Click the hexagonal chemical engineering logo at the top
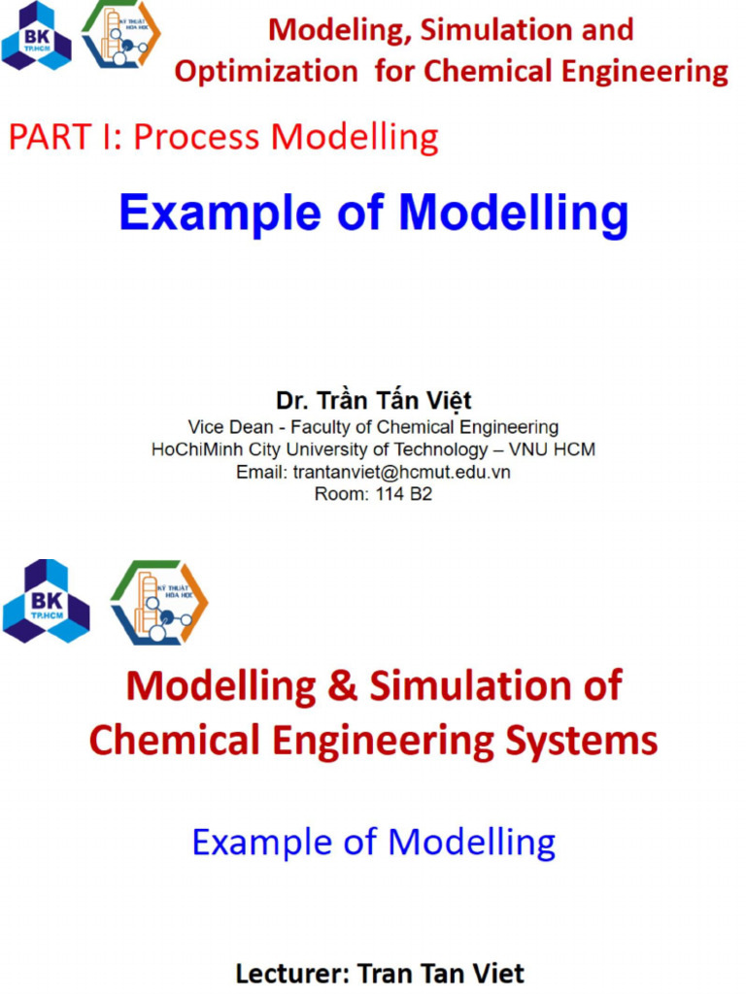click(x=120, y=36)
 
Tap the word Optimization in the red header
click(x=266, y=71)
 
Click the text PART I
click(x=63, y=138)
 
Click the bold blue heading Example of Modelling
click(x=373, y=213)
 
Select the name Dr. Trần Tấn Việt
click(x=373, y=401)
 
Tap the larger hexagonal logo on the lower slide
click(x=158, y=602)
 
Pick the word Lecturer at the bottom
click(x=291, y=973)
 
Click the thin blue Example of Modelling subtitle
click(x=373, y=842)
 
